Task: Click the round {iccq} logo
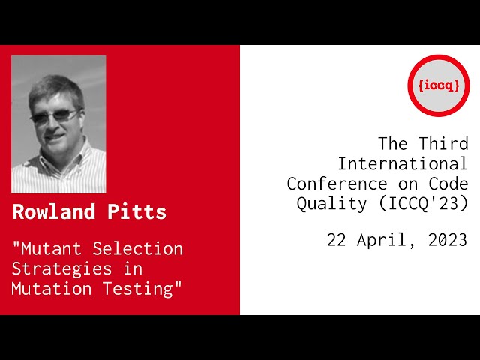[x=438, y=85]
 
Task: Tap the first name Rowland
[x=53, y=212]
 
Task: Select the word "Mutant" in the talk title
[x=44, y=248]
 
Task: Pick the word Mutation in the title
[x=48, y=288]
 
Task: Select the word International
[x=403, y=163]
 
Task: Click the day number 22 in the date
[x=337, y=240]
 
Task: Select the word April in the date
[x=382, y=240]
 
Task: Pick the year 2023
[x=448, y=240]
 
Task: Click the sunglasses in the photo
[x=54, y=117]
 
